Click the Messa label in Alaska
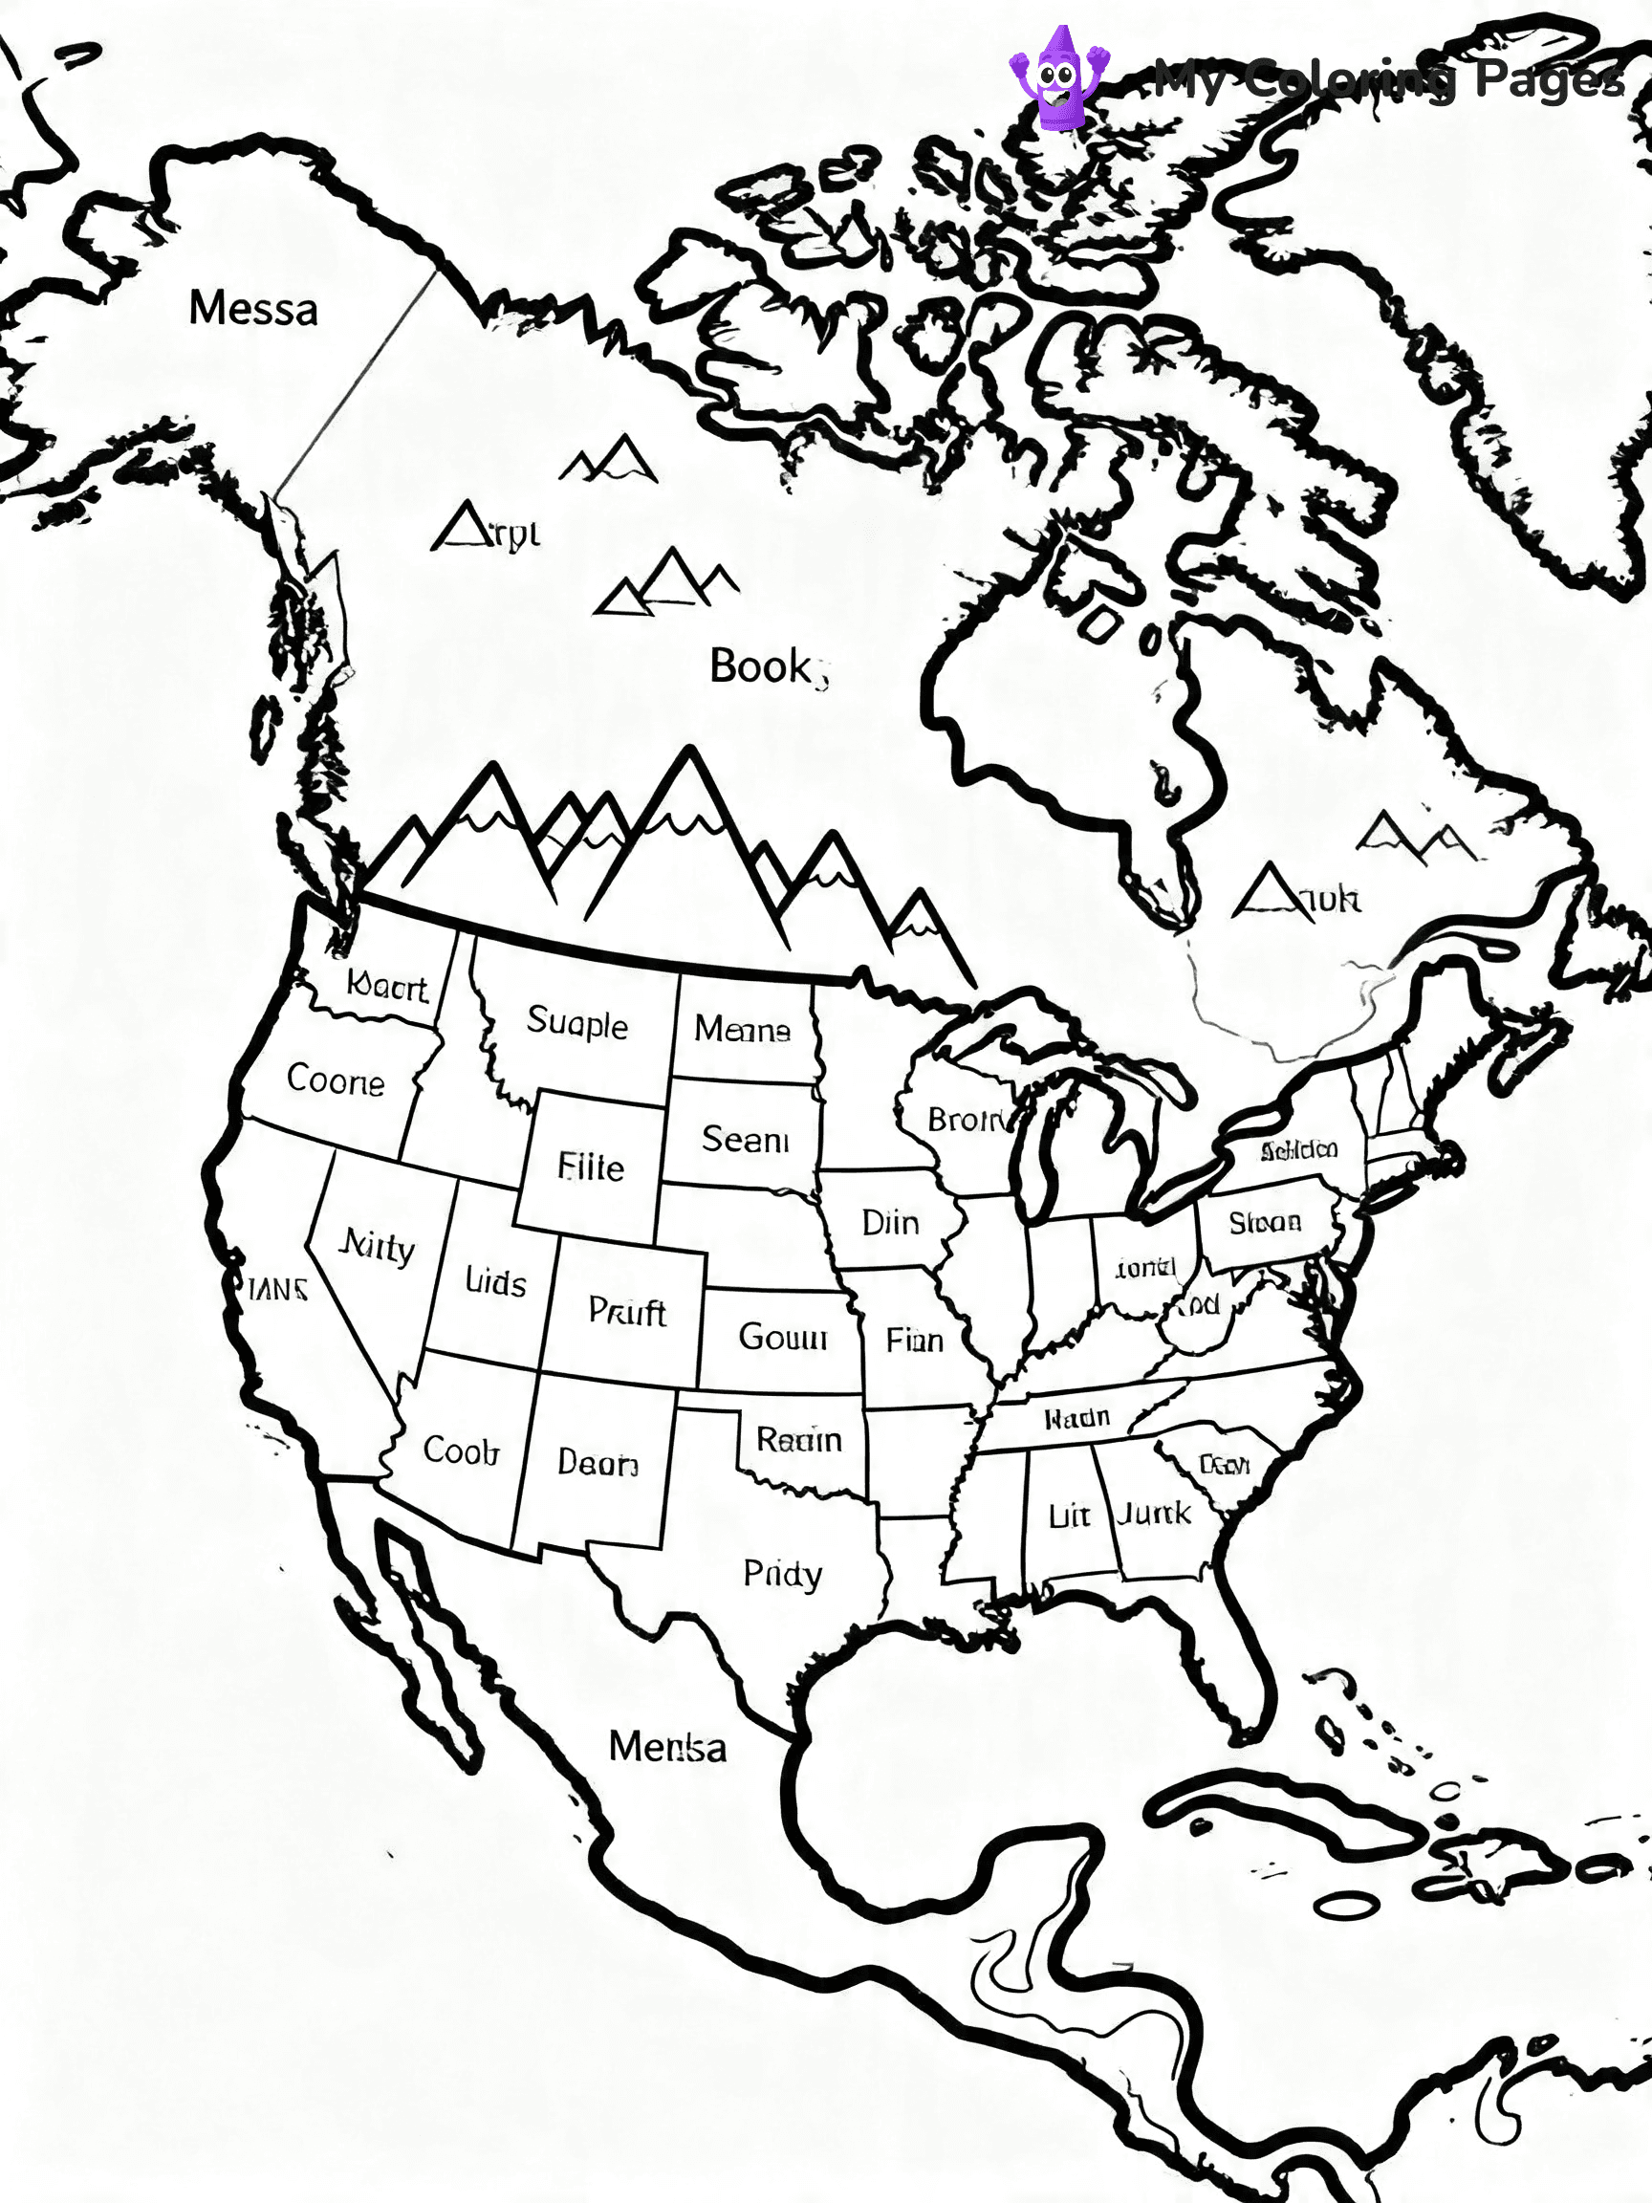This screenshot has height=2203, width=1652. (x=253, y=309)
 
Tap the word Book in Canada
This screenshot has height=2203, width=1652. (x=762, y=666)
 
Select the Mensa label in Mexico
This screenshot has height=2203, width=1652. (x=667, y=1747)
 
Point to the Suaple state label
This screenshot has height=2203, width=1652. (x=577, y=1023)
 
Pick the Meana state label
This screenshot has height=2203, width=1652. (x=742, y=1029)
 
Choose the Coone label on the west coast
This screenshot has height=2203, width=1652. (x=336, y=1080)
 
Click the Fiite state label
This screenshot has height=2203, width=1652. (x=591, y=1167)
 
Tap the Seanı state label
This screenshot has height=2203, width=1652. (x=745, y=1140)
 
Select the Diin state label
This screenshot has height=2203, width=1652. (x=890, y=1223)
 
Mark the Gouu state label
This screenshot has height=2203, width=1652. (x=783, y=1337)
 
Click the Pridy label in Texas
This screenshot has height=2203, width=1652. (x=783, y=1575)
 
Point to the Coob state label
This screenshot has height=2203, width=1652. (x=460, y=1450)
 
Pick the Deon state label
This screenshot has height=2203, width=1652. (x=598, y=1462)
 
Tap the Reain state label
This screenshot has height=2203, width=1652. (x=798, y=1439)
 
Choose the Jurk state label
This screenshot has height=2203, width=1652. (x=1153, y=1515)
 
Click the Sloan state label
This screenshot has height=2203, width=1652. (x=1265, y=1222)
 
